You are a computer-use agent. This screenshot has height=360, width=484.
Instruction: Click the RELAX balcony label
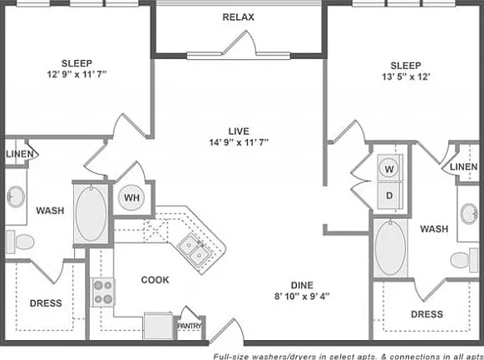click(239, 17)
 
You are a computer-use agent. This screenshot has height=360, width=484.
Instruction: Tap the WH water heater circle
click(131, 197)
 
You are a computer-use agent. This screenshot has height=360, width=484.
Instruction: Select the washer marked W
click(389, 169)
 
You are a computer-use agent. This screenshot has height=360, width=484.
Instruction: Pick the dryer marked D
click(389, 195)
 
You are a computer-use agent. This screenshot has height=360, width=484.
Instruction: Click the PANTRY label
click(190, 326)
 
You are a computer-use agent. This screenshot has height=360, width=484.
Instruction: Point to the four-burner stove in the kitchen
click(103, 292)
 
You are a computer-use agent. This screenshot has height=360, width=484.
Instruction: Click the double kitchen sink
click(195, 250)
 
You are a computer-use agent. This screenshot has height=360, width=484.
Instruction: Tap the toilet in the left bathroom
click(20, 242)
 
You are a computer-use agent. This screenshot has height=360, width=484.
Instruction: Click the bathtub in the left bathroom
click(91, 213)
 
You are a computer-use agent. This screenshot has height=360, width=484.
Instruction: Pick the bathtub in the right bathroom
click(391, 248)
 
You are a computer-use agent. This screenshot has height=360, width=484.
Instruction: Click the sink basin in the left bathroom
click(16, 197)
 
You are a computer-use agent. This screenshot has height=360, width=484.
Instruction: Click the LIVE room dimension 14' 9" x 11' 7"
click(239, 142)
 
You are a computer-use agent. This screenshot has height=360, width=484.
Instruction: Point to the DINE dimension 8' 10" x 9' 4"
click(302, 296)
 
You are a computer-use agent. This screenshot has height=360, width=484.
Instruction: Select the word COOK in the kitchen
click(155, 280)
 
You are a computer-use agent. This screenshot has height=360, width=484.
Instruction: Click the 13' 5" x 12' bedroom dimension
click(406, 76)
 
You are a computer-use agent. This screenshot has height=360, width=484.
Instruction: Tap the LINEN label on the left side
click(20, 154)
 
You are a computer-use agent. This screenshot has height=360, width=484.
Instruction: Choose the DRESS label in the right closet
click(427, 314)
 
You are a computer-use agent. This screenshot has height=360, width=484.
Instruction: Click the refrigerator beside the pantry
click(158, 326)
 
